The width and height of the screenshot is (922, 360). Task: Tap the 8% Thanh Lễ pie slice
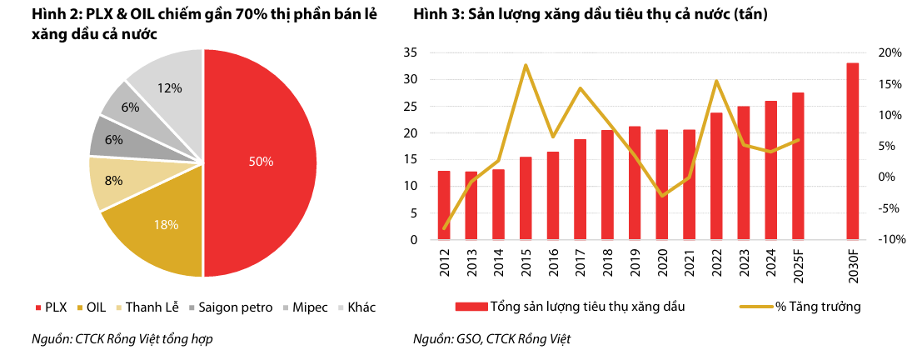[113, 181]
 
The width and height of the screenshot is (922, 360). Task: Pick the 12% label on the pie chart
[170, 87]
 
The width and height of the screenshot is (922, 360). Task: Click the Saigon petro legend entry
[230, 307]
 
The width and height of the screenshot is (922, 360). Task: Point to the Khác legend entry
[356, 307]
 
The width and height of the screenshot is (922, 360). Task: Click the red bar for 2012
[444, 205]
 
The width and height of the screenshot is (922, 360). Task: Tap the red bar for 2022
[716, 176]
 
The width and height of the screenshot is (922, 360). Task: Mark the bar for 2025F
[798, 166]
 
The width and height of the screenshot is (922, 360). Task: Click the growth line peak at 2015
[526, 65]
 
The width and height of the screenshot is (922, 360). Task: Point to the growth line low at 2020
[662, 196]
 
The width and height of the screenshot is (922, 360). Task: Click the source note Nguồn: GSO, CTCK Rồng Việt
[491, 339]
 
